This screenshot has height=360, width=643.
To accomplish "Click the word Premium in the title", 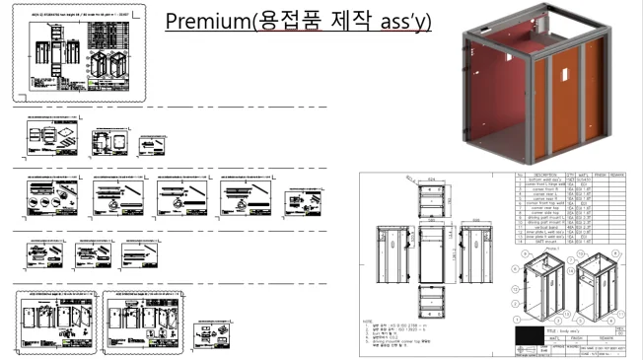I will pos(205,21).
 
